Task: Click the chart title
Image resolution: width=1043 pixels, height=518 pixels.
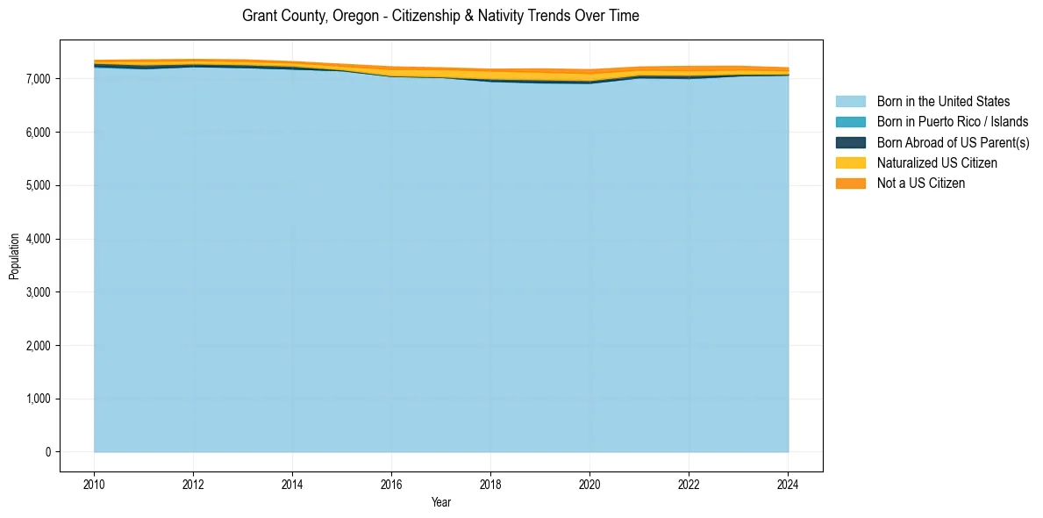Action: pyautogui.click(x=440, y=16)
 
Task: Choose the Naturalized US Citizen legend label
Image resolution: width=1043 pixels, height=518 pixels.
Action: pyautogui.click(x=937, y=163)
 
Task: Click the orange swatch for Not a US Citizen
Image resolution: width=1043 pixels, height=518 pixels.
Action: pyautogui.click(x=850, y=183)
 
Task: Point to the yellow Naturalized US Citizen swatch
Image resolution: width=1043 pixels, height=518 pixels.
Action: pyautogui.click(x=850, y=163)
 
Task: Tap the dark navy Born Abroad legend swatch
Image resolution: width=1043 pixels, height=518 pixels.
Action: pyautogui.click(x=850, y=142)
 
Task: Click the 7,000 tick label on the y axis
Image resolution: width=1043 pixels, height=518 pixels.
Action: pyautogui.click(x=37, y=79)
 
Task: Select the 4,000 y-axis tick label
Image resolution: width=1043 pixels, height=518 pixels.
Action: pyautogui.click(x=37, y=239)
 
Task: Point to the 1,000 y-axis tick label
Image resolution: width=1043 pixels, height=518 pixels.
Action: pyautogui.click(x=37, y=399)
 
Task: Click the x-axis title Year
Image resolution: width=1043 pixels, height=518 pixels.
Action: pyautogui.click(x=441, y=502)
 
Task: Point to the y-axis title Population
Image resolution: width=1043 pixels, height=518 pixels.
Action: pyautogui.click(x=14, y=256)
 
